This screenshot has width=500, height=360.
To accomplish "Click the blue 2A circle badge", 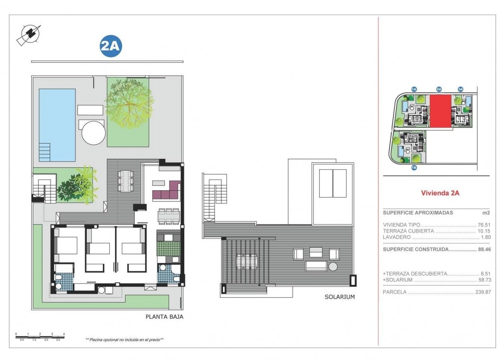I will (x=110, y=46).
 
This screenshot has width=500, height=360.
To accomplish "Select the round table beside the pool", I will (x=94, y=132).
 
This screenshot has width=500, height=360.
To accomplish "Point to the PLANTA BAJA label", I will (x=164, y=317).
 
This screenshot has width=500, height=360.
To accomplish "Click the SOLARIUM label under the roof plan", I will (x=339, y=297).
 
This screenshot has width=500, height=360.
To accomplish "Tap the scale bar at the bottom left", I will (x=40, y=336).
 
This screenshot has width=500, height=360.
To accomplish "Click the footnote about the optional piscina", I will (x=124, y=339).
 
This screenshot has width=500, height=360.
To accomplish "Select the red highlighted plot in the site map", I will (x=440, y=111).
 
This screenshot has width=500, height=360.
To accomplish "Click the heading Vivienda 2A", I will (x=440, y=193).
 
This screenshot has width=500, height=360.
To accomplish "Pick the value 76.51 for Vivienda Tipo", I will (x=484, y=225).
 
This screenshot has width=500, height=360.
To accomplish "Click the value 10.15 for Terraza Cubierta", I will (x=484, y=231).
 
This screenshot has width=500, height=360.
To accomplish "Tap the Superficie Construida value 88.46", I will (x=484, y=249).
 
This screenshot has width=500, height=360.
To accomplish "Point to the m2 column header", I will (x=486, y=213).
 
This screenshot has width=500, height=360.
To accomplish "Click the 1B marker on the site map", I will (x=414, y=168).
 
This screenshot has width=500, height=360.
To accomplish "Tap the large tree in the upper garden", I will (x=128, y=103).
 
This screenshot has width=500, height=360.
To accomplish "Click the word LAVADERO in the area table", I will (x=397, y=237).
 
